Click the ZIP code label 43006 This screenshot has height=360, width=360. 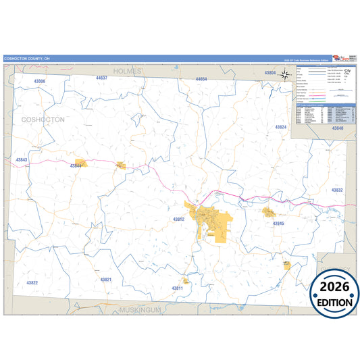pyautogui.click(x=40, y=81)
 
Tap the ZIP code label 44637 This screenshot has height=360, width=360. pyautogui.click(x=101, y=78)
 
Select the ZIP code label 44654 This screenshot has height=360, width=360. pyautogui.click(x=201, y=80)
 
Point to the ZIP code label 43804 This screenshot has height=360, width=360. pyautogui.click(x=270, y=72)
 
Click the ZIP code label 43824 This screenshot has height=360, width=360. pyautogui.click(x=281, y=127)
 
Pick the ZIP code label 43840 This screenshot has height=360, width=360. pyautogui.click(x=338, y=128)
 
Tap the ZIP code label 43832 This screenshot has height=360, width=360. pyautogui.click(x=337, y=190)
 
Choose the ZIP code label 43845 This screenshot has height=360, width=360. pyautogui.click(x=278, y=223)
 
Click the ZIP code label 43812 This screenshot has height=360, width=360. pyautogui.click(x=178, y=220)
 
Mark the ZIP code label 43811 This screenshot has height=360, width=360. pyautogui.click(x=177, y=288)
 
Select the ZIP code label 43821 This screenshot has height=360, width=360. pyautogui.click(x=106, y=279)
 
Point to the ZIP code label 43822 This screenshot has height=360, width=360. pyautogui.click(x=32, y=282)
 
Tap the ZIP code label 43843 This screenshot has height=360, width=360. pyautogui.click(x=22, y=160)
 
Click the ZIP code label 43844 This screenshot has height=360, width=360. pyautogui.click(x=76, y=165)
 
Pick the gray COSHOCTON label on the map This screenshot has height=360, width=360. pyautogui.click(x=43, y=119)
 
